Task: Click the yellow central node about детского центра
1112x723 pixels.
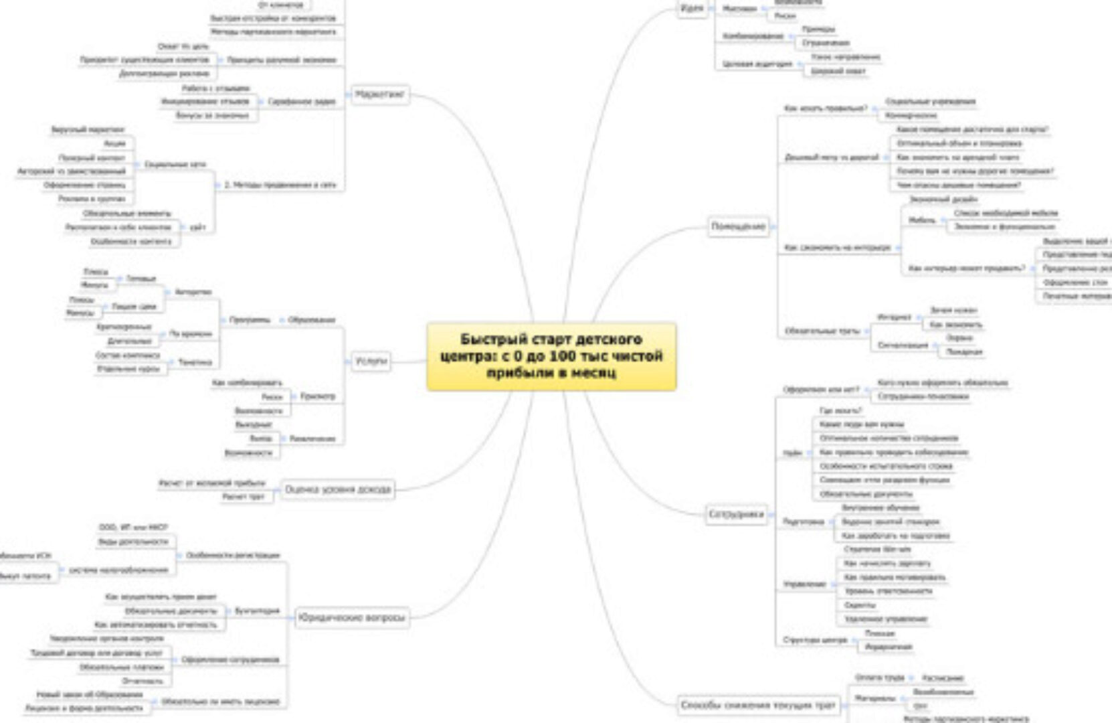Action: click(x=551, y=356)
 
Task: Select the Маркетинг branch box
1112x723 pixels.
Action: click(x=379, y=94)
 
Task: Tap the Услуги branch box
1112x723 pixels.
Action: click(x=371, y=361)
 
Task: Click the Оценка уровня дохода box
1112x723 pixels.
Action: click(x=338, y=489)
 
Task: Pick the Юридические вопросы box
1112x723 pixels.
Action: click(x=352, y=617)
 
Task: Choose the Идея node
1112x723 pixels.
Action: click(x=692, y=8)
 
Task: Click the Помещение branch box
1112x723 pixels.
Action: click(x=738, y=227)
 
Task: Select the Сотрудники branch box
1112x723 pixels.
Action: click(x=736, y=515)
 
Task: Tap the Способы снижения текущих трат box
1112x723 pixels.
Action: click(x=758, y=705)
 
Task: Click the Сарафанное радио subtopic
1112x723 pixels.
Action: click(x=301, y=102)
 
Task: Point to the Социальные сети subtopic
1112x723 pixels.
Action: click(x=175, y=164)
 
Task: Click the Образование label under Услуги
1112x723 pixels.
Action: click(x=312, y=320)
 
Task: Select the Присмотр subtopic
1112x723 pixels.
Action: click(x=318, y=396)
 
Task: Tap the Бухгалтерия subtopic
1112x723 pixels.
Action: click(x=257, y=611)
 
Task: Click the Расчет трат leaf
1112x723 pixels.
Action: click(x=244, y=497)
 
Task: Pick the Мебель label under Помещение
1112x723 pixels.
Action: click(x=922, y=220)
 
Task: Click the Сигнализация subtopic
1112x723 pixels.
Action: click(x=903, y=345)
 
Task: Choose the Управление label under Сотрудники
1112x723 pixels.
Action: click(x=805, y=584)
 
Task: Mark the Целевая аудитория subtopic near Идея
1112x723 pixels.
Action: click(x=757, y=64)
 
